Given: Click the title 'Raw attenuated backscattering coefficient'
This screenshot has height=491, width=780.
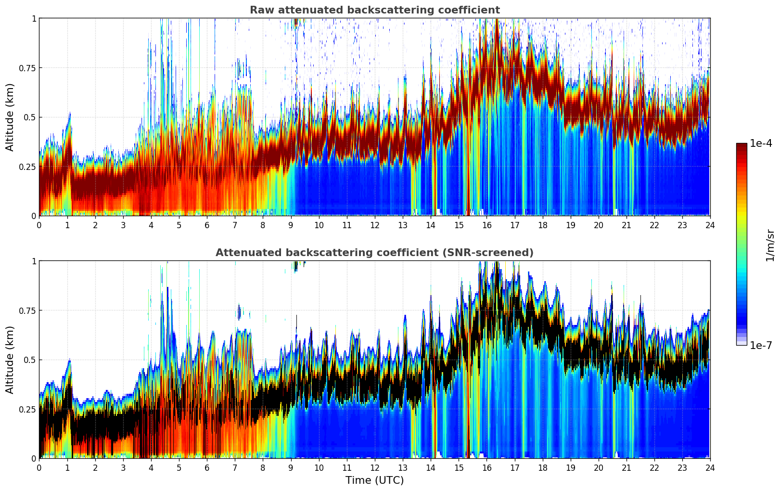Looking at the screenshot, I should [x=374, y=10].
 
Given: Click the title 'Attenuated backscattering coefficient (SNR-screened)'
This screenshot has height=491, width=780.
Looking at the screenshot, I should [x=374, y=253].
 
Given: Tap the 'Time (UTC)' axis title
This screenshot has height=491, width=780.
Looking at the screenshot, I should [x=374, y=480].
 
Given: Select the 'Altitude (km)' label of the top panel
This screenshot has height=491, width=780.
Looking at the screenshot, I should [x=10, y=117].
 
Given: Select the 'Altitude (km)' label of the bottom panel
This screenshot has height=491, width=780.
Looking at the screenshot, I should [x=10, y=360].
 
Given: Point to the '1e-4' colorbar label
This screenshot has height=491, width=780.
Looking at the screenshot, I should [x=761, y=143].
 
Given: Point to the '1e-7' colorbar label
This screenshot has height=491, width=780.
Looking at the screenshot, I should [x=761, y=345].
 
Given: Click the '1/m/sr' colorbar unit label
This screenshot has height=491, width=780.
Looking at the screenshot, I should [x=770, y=245].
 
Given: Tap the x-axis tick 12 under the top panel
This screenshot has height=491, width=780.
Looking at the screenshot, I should [x=374, y=225].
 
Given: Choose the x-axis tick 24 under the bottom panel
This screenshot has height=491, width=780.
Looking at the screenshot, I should [x=710, y=467].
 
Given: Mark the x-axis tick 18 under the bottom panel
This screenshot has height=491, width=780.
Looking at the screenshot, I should [x=542, y=467].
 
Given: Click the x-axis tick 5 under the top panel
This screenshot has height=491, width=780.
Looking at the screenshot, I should [x=179, y=225].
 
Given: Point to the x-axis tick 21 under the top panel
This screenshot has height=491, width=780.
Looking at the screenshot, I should [x=626, y=225].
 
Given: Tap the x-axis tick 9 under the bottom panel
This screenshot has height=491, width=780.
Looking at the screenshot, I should [x=291, y=467].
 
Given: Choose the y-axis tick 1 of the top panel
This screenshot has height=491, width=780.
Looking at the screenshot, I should [x=34, y=18].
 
